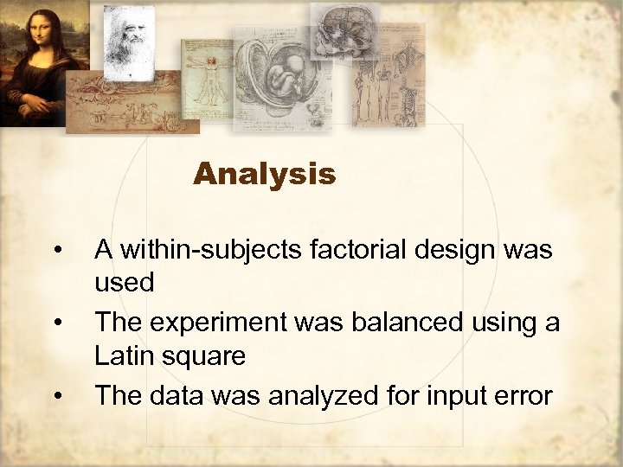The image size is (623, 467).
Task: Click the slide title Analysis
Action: tap(264, 175)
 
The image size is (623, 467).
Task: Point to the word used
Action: tap(124, 283)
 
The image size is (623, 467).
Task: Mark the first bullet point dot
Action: tap(56, 252)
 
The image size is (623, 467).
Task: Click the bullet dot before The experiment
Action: tap(56, 323)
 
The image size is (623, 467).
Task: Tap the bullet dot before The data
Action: tap(56, 396)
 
